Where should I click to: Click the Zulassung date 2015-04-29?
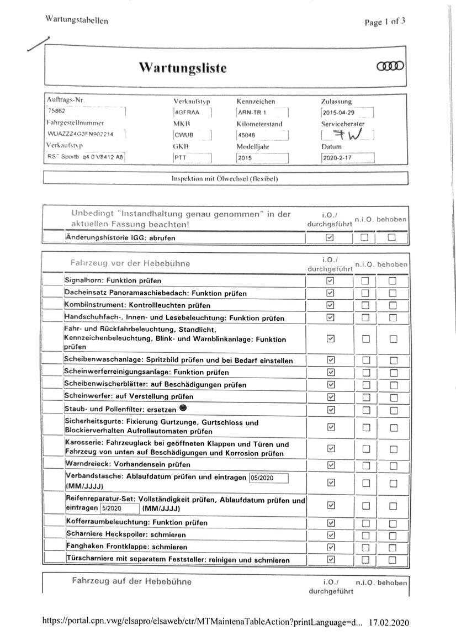point(346,113)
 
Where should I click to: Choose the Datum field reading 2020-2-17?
point(347,157)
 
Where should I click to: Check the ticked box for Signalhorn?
point(331,281)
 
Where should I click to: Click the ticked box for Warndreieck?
point(331,464)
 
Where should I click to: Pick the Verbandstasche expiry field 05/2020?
point(268,478)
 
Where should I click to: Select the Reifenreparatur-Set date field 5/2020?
point(118,508)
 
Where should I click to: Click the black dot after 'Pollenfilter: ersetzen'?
point(183,408)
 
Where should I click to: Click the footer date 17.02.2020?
point(389,622)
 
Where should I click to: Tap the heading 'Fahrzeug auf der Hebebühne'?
point(132,581)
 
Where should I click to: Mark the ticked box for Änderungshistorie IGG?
point(330,238)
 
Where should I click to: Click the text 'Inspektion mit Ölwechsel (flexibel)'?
point(225,179)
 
